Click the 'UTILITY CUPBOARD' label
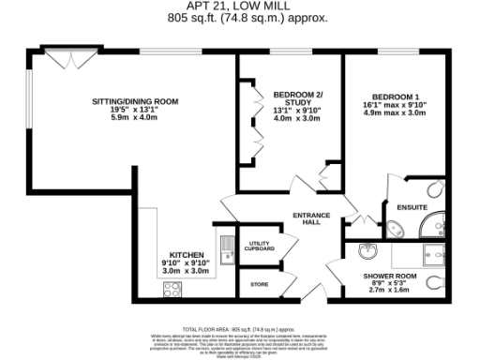[x=261, y=247]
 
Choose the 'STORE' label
[x=260, y=283]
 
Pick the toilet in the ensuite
[x=393, y=225]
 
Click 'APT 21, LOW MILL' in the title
[x=239, y=7]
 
